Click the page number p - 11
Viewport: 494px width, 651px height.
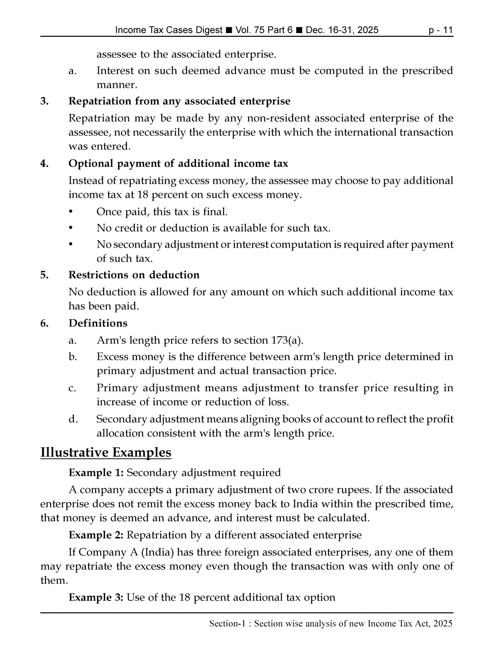tap(441, 30)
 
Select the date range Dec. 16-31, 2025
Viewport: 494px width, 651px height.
tap(342, 30)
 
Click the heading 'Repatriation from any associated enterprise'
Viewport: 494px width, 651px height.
tap(179, 101)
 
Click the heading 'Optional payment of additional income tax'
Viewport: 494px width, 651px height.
tap(178, 164)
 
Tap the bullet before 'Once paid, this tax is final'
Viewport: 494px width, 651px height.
tap(71, 212)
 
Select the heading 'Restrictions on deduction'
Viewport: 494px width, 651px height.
tap(134, 275)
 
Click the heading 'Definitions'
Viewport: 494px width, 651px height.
tap(98, 323)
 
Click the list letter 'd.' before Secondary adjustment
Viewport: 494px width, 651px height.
tap(73, 419)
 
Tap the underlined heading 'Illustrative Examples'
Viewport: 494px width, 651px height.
tap(105, 453)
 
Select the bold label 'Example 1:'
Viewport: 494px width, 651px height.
tap(96, 473)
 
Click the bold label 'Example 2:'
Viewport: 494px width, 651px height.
tap(96, 535)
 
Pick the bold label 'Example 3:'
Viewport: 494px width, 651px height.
tap(96, 597)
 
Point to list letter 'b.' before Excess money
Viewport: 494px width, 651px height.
tap(73, 357)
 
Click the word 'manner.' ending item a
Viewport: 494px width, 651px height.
tap(117, 85)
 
